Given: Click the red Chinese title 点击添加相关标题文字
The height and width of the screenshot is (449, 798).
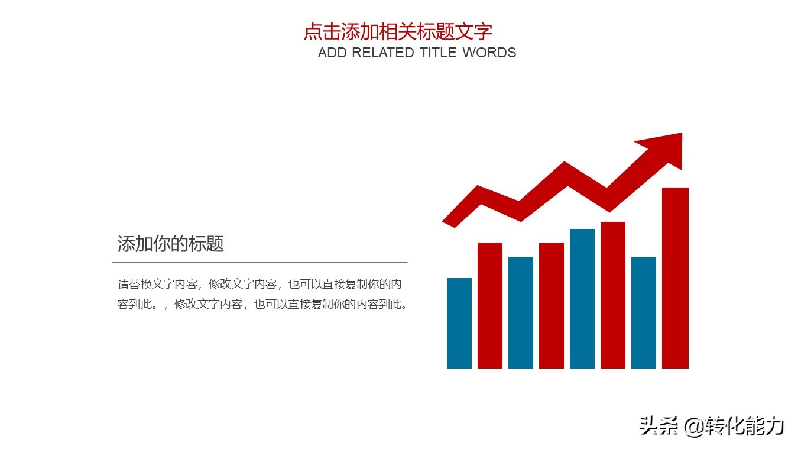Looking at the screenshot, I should tap(398, 31).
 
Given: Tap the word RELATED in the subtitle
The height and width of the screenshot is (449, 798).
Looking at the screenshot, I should tap(383, 53).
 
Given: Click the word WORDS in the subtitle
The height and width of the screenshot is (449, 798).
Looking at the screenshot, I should tap(489, 53).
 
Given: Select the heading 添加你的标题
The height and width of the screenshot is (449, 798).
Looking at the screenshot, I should tap(171, 244).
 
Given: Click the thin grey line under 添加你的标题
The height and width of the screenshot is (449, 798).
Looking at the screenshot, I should tap(259, 261).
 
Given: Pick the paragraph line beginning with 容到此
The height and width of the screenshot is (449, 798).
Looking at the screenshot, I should tap(263, 305).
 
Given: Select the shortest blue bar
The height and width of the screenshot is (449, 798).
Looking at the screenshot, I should tap(459, 323).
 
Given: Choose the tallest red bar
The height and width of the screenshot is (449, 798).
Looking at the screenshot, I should tap(675, 278).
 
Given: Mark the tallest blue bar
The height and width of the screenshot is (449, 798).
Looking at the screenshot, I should tap(582, 298).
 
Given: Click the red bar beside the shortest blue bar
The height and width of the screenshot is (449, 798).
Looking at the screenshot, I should tap(490, 305).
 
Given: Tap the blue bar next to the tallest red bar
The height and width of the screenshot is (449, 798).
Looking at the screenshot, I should tap(644, 312).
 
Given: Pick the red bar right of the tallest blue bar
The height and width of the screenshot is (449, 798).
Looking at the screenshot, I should tap(613, 295).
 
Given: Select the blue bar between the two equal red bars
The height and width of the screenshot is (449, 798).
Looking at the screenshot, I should tap(521, 312).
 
